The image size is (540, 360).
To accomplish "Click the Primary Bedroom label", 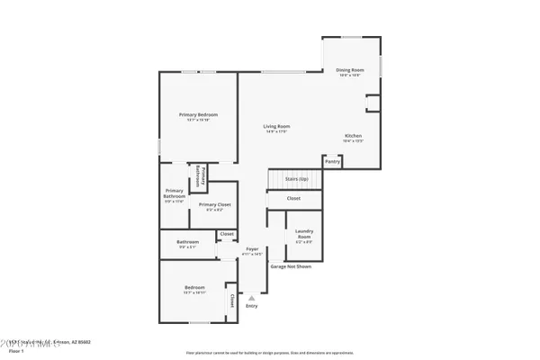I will coord(198,116).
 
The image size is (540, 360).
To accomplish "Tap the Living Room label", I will coord(275,128).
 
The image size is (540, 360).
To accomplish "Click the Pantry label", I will coord(333,162).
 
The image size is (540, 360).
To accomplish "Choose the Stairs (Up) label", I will coord(297,180).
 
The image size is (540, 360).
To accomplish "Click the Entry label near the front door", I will coord(251,306).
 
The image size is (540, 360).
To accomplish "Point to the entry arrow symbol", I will coord(251,295).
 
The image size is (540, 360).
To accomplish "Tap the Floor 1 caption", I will coord(14,351).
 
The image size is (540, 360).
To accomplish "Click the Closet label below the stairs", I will coord(293,198).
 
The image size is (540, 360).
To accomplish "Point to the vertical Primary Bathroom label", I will coord(203,176).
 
